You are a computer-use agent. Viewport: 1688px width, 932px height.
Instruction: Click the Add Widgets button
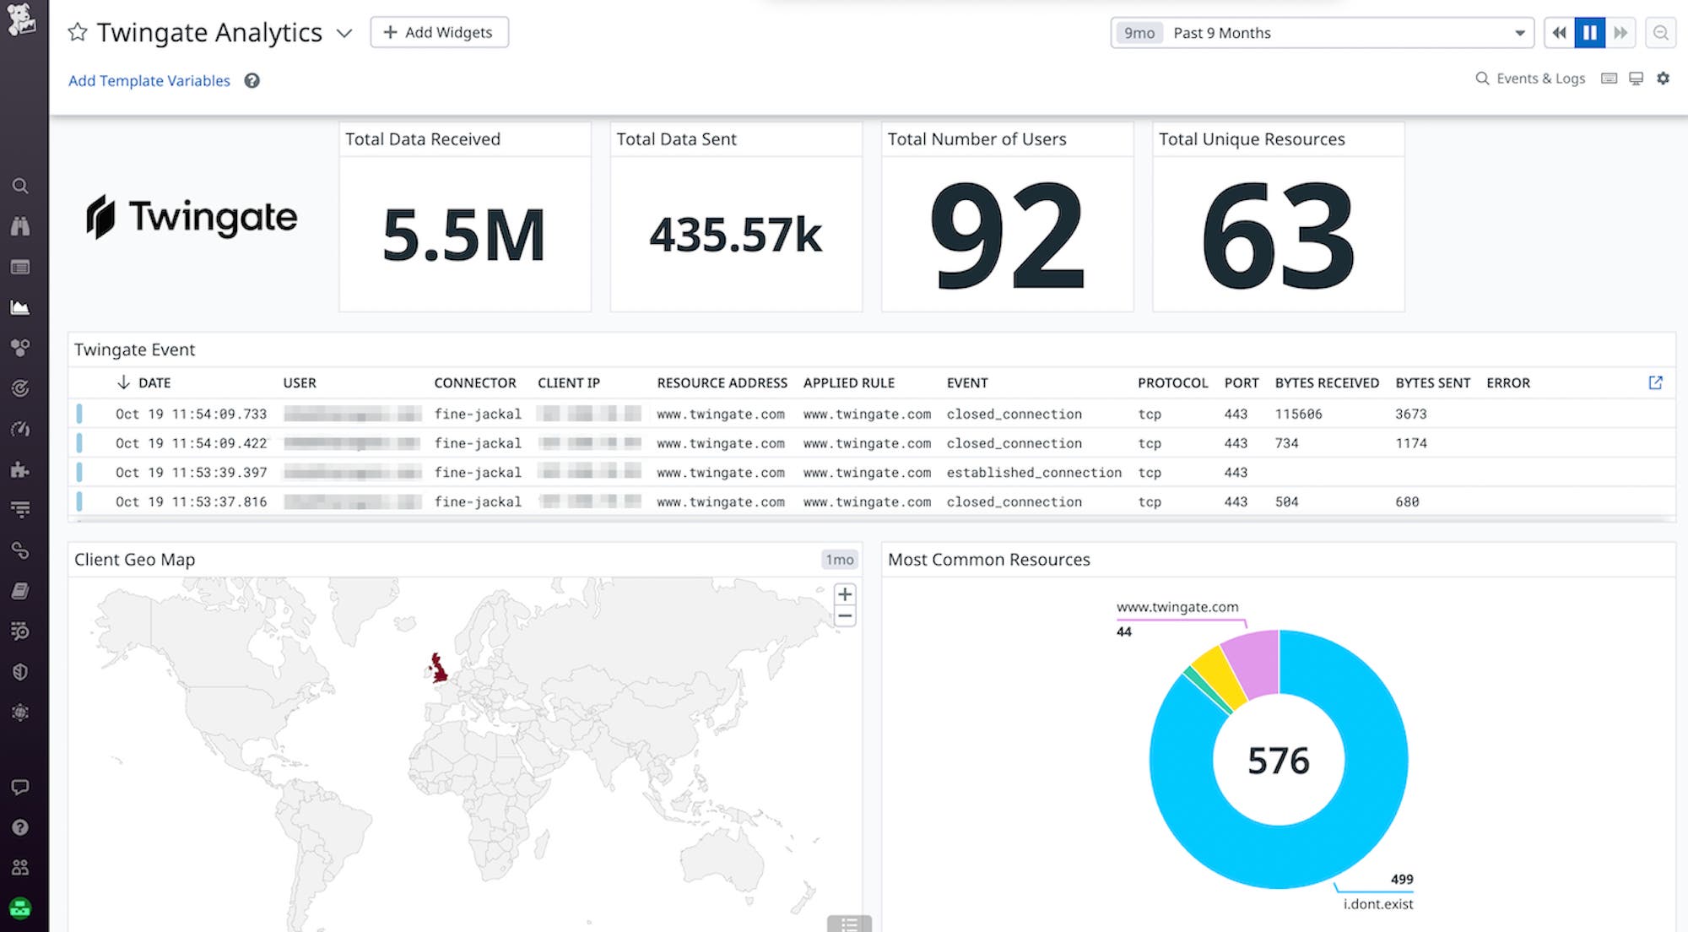[439, 32]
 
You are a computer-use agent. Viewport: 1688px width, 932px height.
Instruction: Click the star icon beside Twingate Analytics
[78, 32]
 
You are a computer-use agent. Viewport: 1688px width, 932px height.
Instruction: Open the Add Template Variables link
[149, 81]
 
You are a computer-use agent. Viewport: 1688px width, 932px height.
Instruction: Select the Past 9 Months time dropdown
[1321, 33]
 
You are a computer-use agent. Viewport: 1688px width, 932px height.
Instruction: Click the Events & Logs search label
[1539, 79]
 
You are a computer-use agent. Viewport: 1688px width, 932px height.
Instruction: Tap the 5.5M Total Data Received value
[463, 236]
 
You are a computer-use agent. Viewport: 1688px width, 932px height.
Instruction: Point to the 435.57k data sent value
[735, 235]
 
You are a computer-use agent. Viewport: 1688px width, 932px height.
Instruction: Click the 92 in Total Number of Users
[1007, 236]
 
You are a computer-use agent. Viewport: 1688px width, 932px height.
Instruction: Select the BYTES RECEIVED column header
[1326, 382]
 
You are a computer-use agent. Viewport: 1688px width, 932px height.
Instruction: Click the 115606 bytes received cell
[1298, 414]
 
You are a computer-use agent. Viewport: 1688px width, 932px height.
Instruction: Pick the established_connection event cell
[1033, 473]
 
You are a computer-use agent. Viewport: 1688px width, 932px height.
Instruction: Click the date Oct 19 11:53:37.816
[191, 501]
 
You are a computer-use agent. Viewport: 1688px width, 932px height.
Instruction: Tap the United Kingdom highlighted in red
[439, 667]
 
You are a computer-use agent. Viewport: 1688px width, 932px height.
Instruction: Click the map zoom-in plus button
[844, 594]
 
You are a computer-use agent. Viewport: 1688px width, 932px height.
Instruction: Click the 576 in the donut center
[1278, 761]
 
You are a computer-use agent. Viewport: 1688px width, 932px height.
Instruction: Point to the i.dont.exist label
[1377, 904]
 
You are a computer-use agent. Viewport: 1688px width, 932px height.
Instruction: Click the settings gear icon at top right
[1663, 79]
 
